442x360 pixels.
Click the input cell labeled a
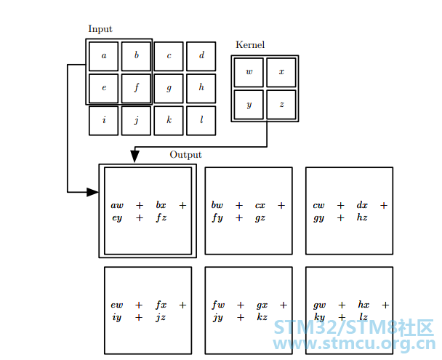click(103, 57)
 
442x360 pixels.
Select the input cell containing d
click(201, 57)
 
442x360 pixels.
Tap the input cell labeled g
click(169, 89)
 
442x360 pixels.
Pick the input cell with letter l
click(201, 121)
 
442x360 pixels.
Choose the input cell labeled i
click(103, 121)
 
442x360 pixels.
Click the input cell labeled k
click(169, 121)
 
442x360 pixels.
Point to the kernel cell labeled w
click(249, 73)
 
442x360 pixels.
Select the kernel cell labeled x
click(281, 73)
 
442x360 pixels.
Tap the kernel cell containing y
click(249, 105)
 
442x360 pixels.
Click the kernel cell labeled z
click(281, 105)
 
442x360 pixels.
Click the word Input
click(100, 29)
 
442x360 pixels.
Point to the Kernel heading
click(250, 44)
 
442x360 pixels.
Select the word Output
click(186, 155)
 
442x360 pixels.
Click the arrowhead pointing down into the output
click(134, 156)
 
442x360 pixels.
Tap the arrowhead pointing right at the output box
click(92, 192)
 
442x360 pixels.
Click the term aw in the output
click(117, 205)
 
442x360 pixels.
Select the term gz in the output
click(260, 218)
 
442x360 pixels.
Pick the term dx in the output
click(362, 204)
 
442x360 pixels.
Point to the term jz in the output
click(161, 317)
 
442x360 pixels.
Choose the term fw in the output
click(219, 305)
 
